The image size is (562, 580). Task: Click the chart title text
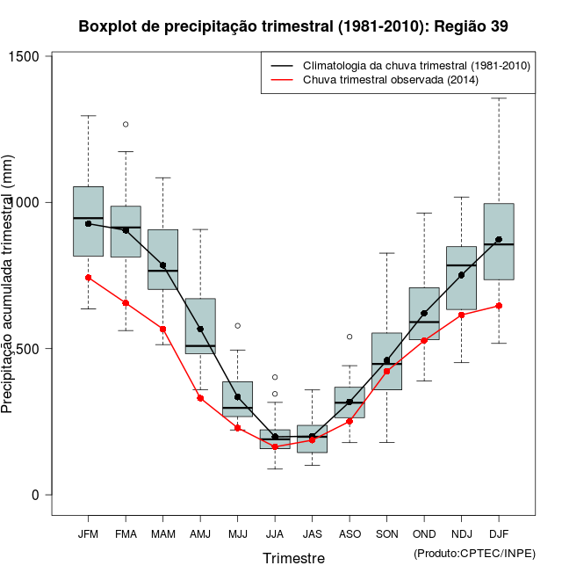click(x=293, y=26)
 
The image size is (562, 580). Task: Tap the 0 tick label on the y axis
click(x=36, y=495)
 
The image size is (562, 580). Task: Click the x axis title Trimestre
click(x=293, y=558)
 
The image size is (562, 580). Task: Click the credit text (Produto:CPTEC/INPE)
click(x=474, y=553)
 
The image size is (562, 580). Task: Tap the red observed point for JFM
click(x=88, y=278)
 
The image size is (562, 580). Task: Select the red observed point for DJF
click(x=499, y=306)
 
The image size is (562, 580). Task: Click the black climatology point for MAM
click(x=162, y=265)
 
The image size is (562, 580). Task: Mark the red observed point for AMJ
click(x=200, y=398)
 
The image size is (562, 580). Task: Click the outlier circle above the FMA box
click(x=126, y=125)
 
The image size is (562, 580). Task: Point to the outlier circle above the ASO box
click(x=349, y=337)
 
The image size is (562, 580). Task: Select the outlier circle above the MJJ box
click(x=237, y=326)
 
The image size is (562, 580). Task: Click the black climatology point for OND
click(x=424, y=314)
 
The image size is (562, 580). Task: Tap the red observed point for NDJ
click(x=461, y=315)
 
